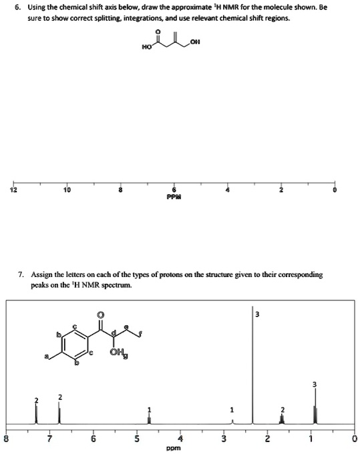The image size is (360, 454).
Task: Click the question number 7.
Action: click(23, 274)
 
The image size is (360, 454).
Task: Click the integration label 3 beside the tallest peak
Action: click(257, 315)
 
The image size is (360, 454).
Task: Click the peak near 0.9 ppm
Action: click(316, 414)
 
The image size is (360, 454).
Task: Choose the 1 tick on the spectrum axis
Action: click(311, 439)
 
